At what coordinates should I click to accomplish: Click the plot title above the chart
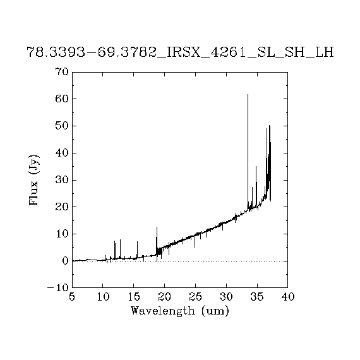pos(180,52)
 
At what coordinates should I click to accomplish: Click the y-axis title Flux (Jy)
pos(33,180)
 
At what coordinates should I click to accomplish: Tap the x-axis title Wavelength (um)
pos(180,311)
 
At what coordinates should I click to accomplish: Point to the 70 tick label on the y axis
pos(62,71)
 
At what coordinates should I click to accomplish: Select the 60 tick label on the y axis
pos(62,99)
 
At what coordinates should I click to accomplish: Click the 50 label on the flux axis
pos(62,126)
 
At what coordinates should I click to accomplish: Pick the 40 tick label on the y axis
pos(62,153)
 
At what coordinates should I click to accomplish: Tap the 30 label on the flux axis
pos(62,180)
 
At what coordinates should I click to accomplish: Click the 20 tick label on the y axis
pos(62,207)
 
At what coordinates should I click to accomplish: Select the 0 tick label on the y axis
pos(65,261)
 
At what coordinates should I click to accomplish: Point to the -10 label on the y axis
pos(58,288)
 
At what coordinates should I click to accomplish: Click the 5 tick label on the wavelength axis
pos(72,297)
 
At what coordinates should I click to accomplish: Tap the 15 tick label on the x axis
pos(134,297)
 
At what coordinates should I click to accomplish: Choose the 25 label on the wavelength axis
pos(195,297)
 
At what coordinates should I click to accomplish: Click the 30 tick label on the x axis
pos(226,297)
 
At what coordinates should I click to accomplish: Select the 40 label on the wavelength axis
pos(288,297)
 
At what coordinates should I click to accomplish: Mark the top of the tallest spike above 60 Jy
pos(248,94)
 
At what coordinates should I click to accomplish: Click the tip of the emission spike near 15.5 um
pos(137,241)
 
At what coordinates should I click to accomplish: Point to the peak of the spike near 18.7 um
pos(157,227)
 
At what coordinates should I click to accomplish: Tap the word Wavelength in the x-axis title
pos(163,311)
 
